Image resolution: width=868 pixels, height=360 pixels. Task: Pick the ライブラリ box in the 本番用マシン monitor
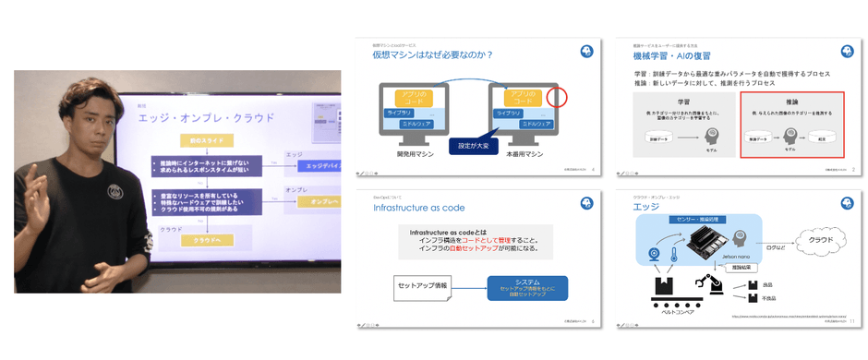coord(510,112)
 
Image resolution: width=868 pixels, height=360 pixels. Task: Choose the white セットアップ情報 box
coord(425,285)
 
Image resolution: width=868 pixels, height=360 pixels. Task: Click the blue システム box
coord(527,288)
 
